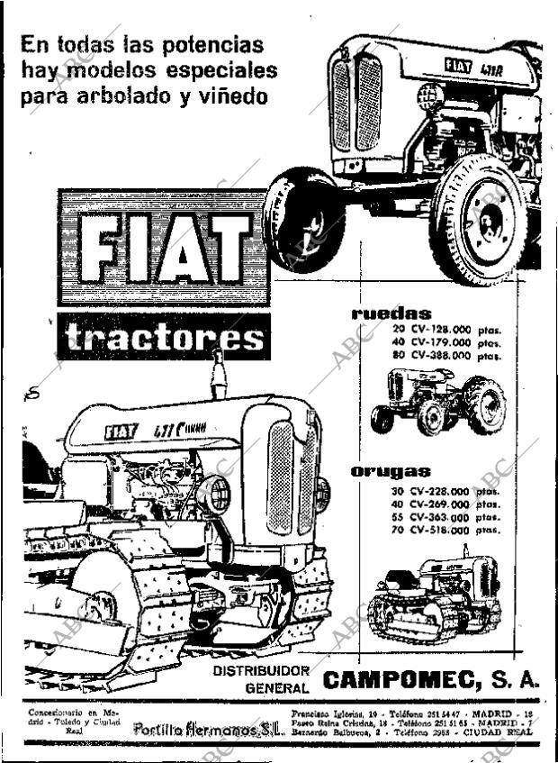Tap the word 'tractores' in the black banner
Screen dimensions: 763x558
(166, 338)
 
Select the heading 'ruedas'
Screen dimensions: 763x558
(391, 313)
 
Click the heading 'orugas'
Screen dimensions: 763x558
(391, 471)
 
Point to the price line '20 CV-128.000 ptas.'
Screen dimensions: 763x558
(445, 330)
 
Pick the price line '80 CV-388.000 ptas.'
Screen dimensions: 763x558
(445, 355)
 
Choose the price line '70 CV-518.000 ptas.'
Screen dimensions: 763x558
(445, 531)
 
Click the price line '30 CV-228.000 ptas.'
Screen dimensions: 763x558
(445, 492)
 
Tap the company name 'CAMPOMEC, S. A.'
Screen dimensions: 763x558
(430, 679)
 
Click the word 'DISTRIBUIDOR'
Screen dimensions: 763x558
(261, 671)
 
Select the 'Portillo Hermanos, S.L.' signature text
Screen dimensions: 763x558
(208, 728)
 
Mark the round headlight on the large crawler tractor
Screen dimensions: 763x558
(216, 494)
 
